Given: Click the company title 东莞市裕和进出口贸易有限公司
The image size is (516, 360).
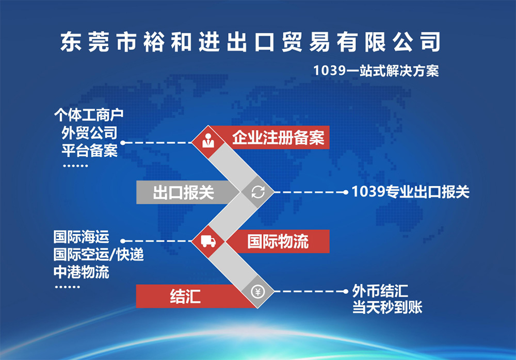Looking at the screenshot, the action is [x=250, y=42].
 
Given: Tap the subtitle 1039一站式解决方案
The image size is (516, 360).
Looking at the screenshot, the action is [x=376, y=71].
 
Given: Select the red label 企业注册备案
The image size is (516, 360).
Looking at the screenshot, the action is [x=279, y=138].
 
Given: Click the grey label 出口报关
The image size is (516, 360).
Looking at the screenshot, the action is [x=183, y=192].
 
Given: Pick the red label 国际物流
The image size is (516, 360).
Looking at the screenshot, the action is [x=278, y=241].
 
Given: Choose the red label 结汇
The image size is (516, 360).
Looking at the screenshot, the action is [x=185, y=296].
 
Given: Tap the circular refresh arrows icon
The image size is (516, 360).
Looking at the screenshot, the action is [x=258, y=192].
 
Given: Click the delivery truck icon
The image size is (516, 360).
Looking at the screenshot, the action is [x=208, y=241].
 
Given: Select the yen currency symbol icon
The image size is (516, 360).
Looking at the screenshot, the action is [x=257, y=291].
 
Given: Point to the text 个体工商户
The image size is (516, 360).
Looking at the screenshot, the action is [x=89, y=115].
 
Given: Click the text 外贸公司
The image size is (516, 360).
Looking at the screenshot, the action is [x=89, y=133].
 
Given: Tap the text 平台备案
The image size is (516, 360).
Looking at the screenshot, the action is [x=89, y=151].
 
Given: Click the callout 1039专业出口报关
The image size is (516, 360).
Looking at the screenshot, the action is [x=410, y=192].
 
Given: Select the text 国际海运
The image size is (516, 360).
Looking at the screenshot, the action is [x=82, y=237].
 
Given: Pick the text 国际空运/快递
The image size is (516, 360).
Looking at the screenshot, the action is [x=99, y=255].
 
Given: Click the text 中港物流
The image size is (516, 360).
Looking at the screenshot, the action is [x=82, y=272].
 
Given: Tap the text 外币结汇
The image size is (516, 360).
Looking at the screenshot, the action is [x=380, y=291].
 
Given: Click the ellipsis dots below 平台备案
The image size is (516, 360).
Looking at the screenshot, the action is [x=75, y=166].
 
